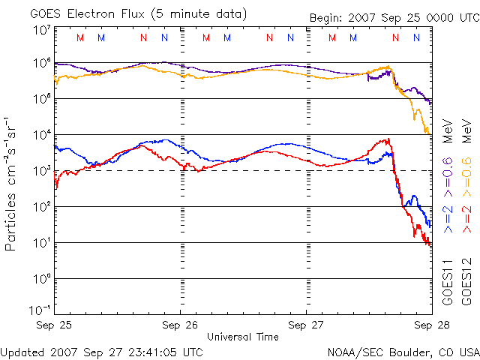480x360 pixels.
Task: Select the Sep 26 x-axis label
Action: click(180, 325)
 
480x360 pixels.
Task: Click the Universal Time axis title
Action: click(243, 337)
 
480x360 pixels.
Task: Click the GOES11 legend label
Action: click(448, 281)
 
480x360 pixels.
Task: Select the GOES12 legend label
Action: click(466, 281)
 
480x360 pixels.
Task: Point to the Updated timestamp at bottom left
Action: click(101, 351)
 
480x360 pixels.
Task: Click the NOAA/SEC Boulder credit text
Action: click(403, 351)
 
